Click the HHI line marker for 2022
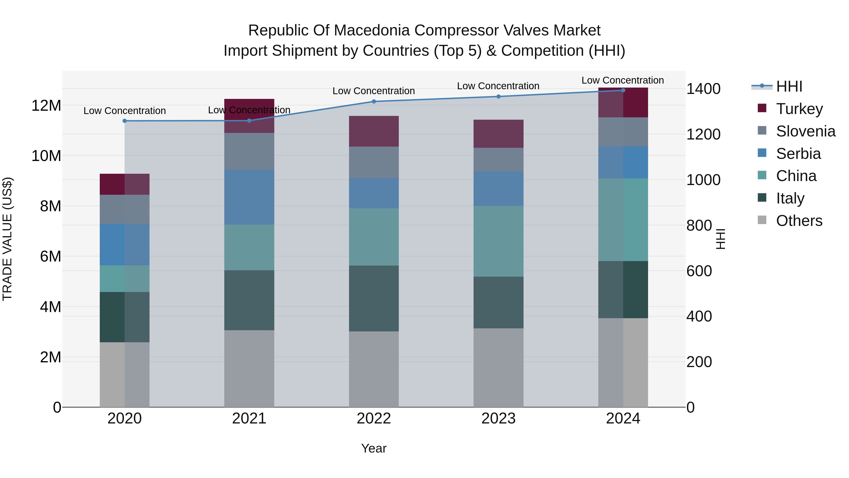[x=374, y=101]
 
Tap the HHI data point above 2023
[x=498, y=97]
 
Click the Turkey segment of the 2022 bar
[x=374, y=131]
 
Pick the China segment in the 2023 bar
[x=498, y=241]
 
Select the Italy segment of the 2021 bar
[x=249, y=300]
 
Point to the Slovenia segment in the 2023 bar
[x=498, y=159]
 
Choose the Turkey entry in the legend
[x=799, y=109]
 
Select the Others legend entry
[x=799, y=221]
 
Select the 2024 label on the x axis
[x=623, y=419]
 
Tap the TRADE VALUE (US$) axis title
[x=7, y=239]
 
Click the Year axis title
[x=374, y=448]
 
